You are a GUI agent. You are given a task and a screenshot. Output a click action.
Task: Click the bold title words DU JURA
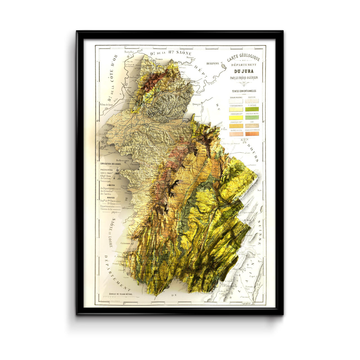[244, 71]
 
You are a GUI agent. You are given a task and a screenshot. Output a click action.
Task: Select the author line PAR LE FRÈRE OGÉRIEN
[244, 78]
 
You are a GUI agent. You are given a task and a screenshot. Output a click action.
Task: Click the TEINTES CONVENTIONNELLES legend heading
[244, 91]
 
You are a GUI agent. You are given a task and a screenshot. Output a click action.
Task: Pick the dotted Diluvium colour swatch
[252, 101]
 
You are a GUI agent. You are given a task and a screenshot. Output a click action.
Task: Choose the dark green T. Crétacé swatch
[252, 109]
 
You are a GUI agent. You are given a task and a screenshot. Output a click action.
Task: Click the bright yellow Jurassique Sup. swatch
[236, 118]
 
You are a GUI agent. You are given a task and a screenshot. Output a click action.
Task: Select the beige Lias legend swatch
[252, 126]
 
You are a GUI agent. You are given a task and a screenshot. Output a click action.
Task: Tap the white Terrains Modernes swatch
[236, 101]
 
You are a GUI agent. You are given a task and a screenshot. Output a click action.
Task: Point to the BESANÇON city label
[213, 64]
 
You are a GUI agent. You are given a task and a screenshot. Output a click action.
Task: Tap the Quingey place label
[197, 104]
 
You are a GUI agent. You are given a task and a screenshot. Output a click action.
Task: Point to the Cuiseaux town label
[126, 243]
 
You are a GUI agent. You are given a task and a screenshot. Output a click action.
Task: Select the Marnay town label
[190, 57]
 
